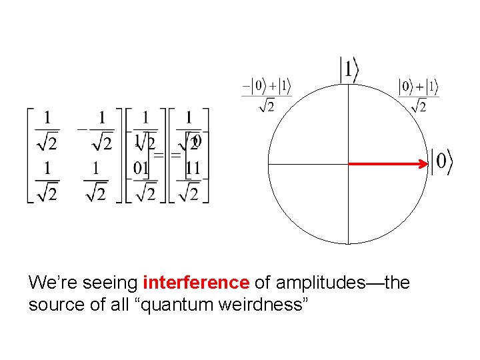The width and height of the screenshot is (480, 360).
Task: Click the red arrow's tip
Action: [427, 163]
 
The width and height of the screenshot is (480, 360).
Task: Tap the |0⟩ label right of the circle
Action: [442, 163]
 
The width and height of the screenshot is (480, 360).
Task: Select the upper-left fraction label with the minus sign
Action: [266, 95]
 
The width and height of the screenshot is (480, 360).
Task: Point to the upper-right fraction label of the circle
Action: [418, 95]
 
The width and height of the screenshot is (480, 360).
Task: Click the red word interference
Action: [195, 283]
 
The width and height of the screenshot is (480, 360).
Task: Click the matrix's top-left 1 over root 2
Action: [47, 131]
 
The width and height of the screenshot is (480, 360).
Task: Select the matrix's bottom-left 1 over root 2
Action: [47, 180]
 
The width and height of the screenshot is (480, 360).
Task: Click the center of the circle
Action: [348, 163]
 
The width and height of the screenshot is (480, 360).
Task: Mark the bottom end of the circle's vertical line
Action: [348, 243]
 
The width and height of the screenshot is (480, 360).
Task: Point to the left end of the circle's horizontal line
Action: [268, 163]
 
